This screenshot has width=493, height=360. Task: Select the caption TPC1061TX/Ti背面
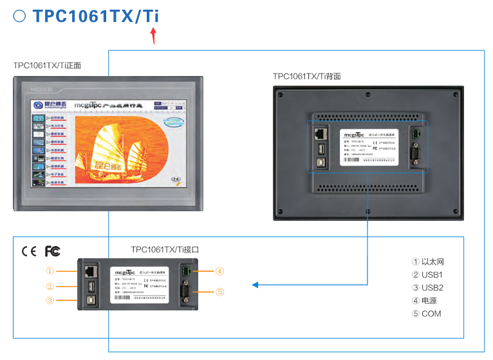[307, 76]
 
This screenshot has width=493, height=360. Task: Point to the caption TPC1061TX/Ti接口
[165, 249]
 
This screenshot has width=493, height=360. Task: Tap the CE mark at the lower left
[29, 251]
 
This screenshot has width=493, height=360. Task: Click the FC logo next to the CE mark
[52, 251]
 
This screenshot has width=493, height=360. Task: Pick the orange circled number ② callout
[50, 287]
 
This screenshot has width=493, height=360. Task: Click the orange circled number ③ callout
[50, 300]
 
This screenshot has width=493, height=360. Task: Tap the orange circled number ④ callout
[219, 271]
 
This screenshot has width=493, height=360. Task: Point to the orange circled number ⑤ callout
[219, 292]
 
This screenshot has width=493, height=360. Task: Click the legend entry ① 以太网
[428, 262]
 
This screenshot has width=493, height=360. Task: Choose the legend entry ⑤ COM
[427, 314]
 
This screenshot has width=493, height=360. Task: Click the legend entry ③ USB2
[428, 288]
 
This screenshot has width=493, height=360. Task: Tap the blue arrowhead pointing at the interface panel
[255, 285]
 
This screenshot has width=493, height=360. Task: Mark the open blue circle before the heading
[19, 16]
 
